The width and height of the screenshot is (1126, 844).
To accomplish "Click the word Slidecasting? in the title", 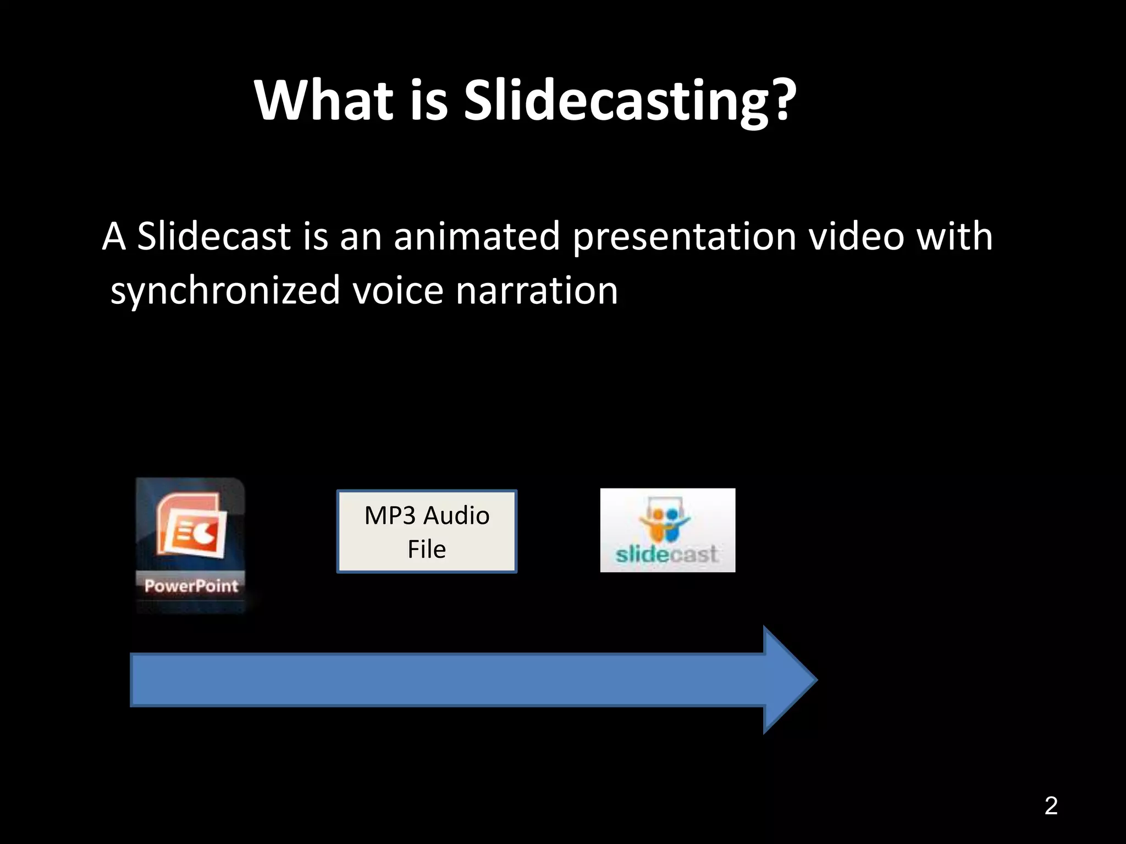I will (630, 100).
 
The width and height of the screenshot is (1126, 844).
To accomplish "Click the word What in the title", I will (324, 100).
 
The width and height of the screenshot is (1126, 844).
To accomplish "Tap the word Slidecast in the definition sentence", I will (213, 236).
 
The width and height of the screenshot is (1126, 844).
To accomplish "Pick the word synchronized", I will (225, 291).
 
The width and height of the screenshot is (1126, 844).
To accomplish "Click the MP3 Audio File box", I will (427, 531).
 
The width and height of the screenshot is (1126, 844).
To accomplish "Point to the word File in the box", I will (427, 549).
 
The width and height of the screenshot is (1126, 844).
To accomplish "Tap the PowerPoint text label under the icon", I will (191, 586).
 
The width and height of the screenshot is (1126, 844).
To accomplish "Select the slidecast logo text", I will (666, 554).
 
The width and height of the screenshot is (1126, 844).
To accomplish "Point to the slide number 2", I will (1051, 806).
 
